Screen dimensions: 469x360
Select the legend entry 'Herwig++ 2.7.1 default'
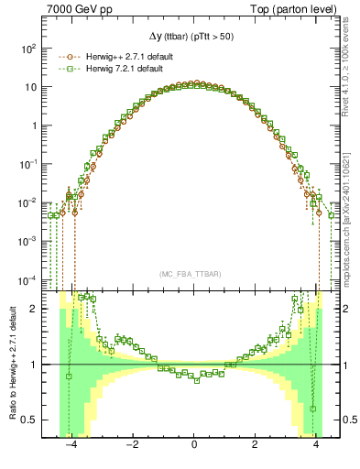pos(127,56)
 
